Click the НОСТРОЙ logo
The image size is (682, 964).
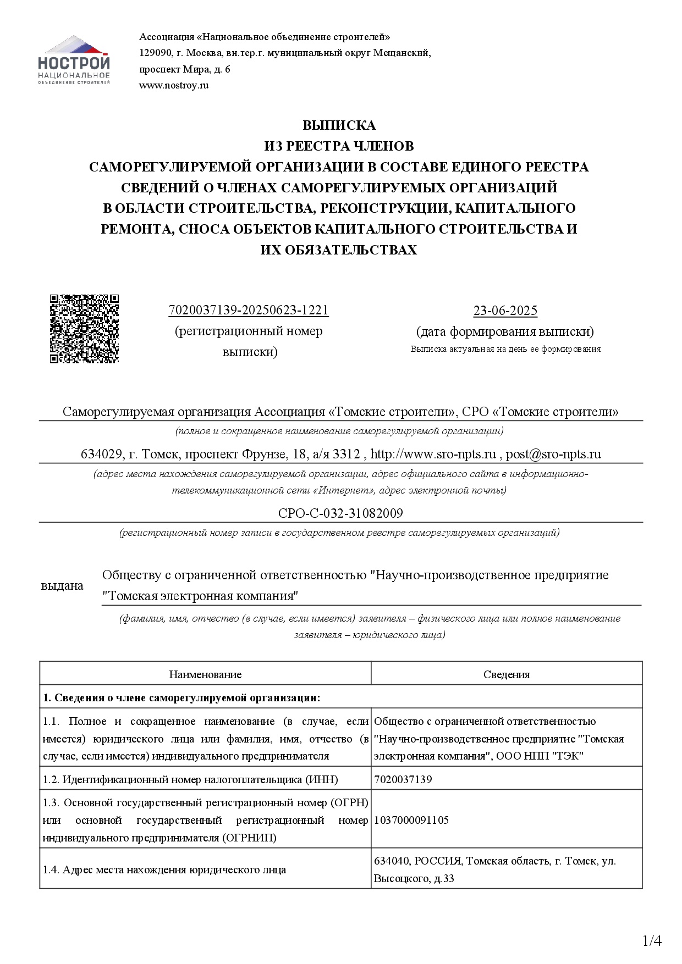pyautogui.click(x=74, y=60)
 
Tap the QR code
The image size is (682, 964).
pyautogui.click(x=84, y=329)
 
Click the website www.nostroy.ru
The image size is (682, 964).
pyautogui.click(x=174, y=85)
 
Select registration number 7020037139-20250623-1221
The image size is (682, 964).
pyautogui.click(x=249, y=311)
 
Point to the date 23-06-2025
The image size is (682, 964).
pyautogui.click(x=505, y=311)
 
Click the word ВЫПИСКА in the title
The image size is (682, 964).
pyautogui.click(x=339, y=125)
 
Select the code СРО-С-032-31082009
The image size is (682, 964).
pyautogui.click(x=340, y=513)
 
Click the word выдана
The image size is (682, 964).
pyautogui.click(x=63, y=586)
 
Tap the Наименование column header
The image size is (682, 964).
pyautogui.click(x=205, y=674)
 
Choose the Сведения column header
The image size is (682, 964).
pyautogui.click(x=507, y=674)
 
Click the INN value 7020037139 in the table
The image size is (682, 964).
pyautogui.click(x=403, y=779)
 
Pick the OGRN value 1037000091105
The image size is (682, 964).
pyautogui.click(x=411, y=820)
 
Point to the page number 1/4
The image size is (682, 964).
pyautogui.click(x=652, y=941)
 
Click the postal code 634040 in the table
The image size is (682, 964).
pyautogui.click(x=391, y=861)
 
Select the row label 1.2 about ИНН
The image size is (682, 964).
pyautogui.click(x=190, y=779)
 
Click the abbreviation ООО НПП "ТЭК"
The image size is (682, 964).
pyautogui.click(x=540, y=756)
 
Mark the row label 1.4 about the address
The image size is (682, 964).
pyautogui.click(x=164, y=870)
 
